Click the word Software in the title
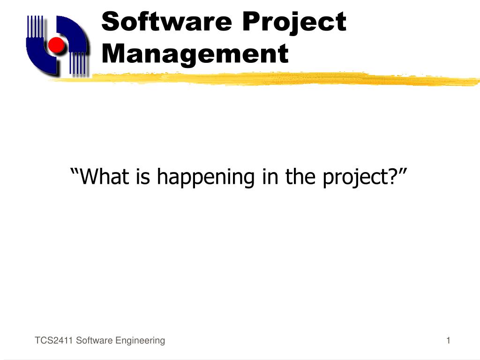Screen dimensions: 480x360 (x=166, y=21)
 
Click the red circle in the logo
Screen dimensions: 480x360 (x=56, y=45)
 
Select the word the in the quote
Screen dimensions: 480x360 (x=300, y=176)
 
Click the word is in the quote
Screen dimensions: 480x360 (x=143, y=176)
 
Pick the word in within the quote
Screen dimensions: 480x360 (x=270, y=176)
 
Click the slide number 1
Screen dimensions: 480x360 (x=448, y=340)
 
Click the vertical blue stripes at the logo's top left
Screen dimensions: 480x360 (x=35, y=26)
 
